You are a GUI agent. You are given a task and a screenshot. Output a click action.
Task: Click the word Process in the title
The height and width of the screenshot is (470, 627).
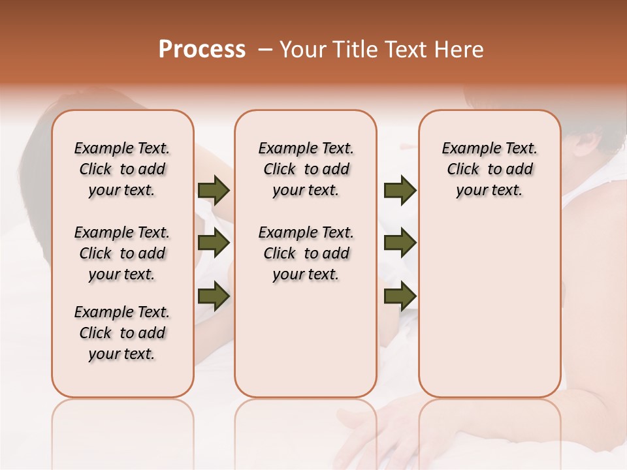[x=202, y=49]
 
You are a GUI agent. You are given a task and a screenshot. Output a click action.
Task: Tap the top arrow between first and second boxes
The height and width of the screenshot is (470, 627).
[x=214, y=191]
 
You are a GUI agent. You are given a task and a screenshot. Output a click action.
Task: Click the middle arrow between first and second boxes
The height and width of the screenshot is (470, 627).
[x=214, y=243]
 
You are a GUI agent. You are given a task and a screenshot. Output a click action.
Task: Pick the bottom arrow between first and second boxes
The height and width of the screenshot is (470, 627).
[x=214, y=296]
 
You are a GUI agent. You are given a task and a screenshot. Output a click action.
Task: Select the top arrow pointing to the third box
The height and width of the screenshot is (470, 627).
[x=400, y=191]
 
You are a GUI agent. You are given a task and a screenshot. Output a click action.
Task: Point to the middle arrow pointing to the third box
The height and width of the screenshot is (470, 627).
[x=400, y=243]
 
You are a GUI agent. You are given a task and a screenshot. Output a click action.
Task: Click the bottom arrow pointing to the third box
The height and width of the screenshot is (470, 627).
[x=400, y=296]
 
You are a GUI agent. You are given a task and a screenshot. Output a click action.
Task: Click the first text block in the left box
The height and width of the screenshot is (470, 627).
[x=122, y=169]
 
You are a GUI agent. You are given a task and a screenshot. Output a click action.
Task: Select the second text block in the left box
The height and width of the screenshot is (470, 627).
[x=122, y=253]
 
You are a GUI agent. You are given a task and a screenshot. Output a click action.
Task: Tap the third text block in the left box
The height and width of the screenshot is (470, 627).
[x=122, y=333]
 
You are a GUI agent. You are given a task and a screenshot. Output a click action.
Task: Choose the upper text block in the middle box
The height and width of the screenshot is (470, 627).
[x=306, y=169]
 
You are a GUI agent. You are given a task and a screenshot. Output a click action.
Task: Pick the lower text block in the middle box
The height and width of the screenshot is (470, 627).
[x=306, y=253]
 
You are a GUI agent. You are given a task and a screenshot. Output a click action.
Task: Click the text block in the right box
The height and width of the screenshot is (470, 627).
[x=490, y=169]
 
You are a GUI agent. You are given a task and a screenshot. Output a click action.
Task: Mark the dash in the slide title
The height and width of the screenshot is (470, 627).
[x=265, y=50]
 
